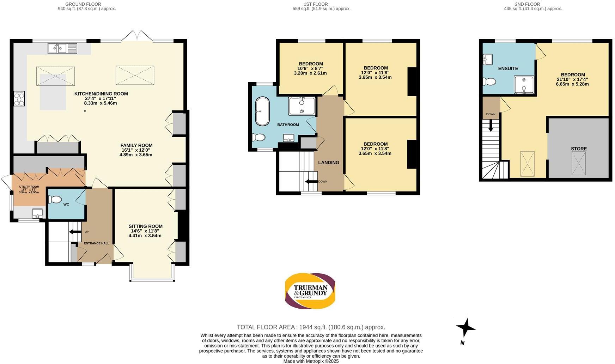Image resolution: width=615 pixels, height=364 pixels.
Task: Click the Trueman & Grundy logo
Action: click(x=310, y=291)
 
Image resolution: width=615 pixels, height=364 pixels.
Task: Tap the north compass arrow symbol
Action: click(x=465, y=328)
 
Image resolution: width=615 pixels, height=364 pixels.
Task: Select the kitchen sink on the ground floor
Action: click(x=62, y=48)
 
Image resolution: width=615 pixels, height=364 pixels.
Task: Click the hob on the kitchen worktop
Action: click(x=19, y=98)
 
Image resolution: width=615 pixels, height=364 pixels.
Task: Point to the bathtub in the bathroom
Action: click(x=262, y=111)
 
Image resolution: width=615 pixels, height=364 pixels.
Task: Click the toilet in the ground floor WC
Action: click(x=55, y=200)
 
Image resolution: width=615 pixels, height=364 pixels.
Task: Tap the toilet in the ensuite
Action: click(x=490, y=82)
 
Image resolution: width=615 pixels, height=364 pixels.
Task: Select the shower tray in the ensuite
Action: click(x=524, y=85)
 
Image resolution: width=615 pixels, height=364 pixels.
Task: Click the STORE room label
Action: click(x=579, y=149)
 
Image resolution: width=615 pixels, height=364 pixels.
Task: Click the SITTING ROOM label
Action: click(x=145, y=226)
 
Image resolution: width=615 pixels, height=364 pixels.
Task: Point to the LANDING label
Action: click(x=328, y=163)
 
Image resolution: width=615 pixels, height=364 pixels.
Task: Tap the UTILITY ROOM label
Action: click(x=29, y=187)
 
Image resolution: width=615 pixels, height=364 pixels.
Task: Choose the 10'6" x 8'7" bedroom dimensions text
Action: click(x=310, y=68)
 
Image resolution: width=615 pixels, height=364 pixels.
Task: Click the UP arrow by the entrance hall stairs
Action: click(x=75, y=232)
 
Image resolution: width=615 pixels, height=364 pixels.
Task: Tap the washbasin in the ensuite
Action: click(x=488, y=59)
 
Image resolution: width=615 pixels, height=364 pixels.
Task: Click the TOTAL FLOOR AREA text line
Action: click(x=311, y=327)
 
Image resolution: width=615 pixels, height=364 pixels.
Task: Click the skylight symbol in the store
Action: click(x=579, y=163)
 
